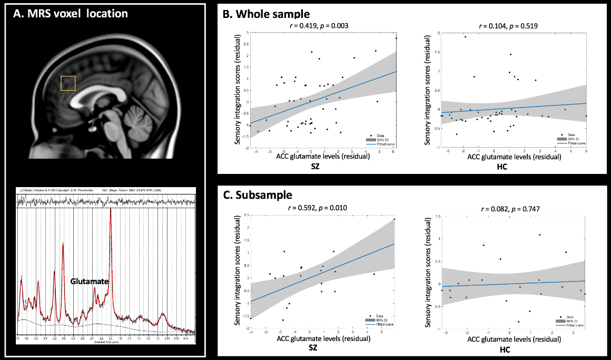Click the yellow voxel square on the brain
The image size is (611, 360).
coord(68,83)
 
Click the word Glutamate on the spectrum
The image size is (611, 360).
coord(89,282)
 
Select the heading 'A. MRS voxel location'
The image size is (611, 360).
coord(71,14)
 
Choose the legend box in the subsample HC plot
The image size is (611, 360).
coord(569,320)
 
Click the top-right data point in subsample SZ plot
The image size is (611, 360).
coord(395,219)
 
